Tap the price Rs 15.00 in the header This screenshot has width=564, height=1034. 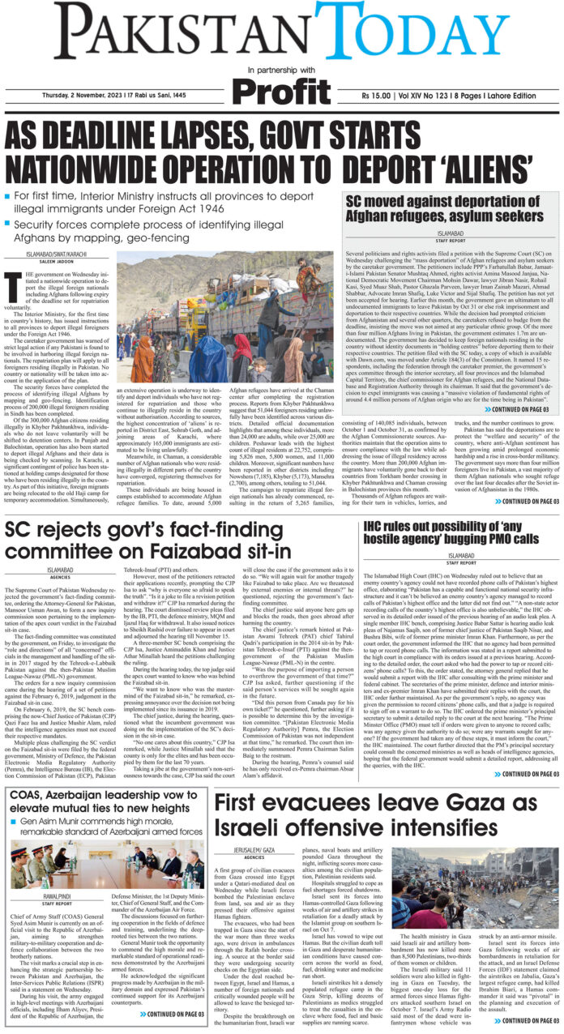[x=383, y=99]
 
